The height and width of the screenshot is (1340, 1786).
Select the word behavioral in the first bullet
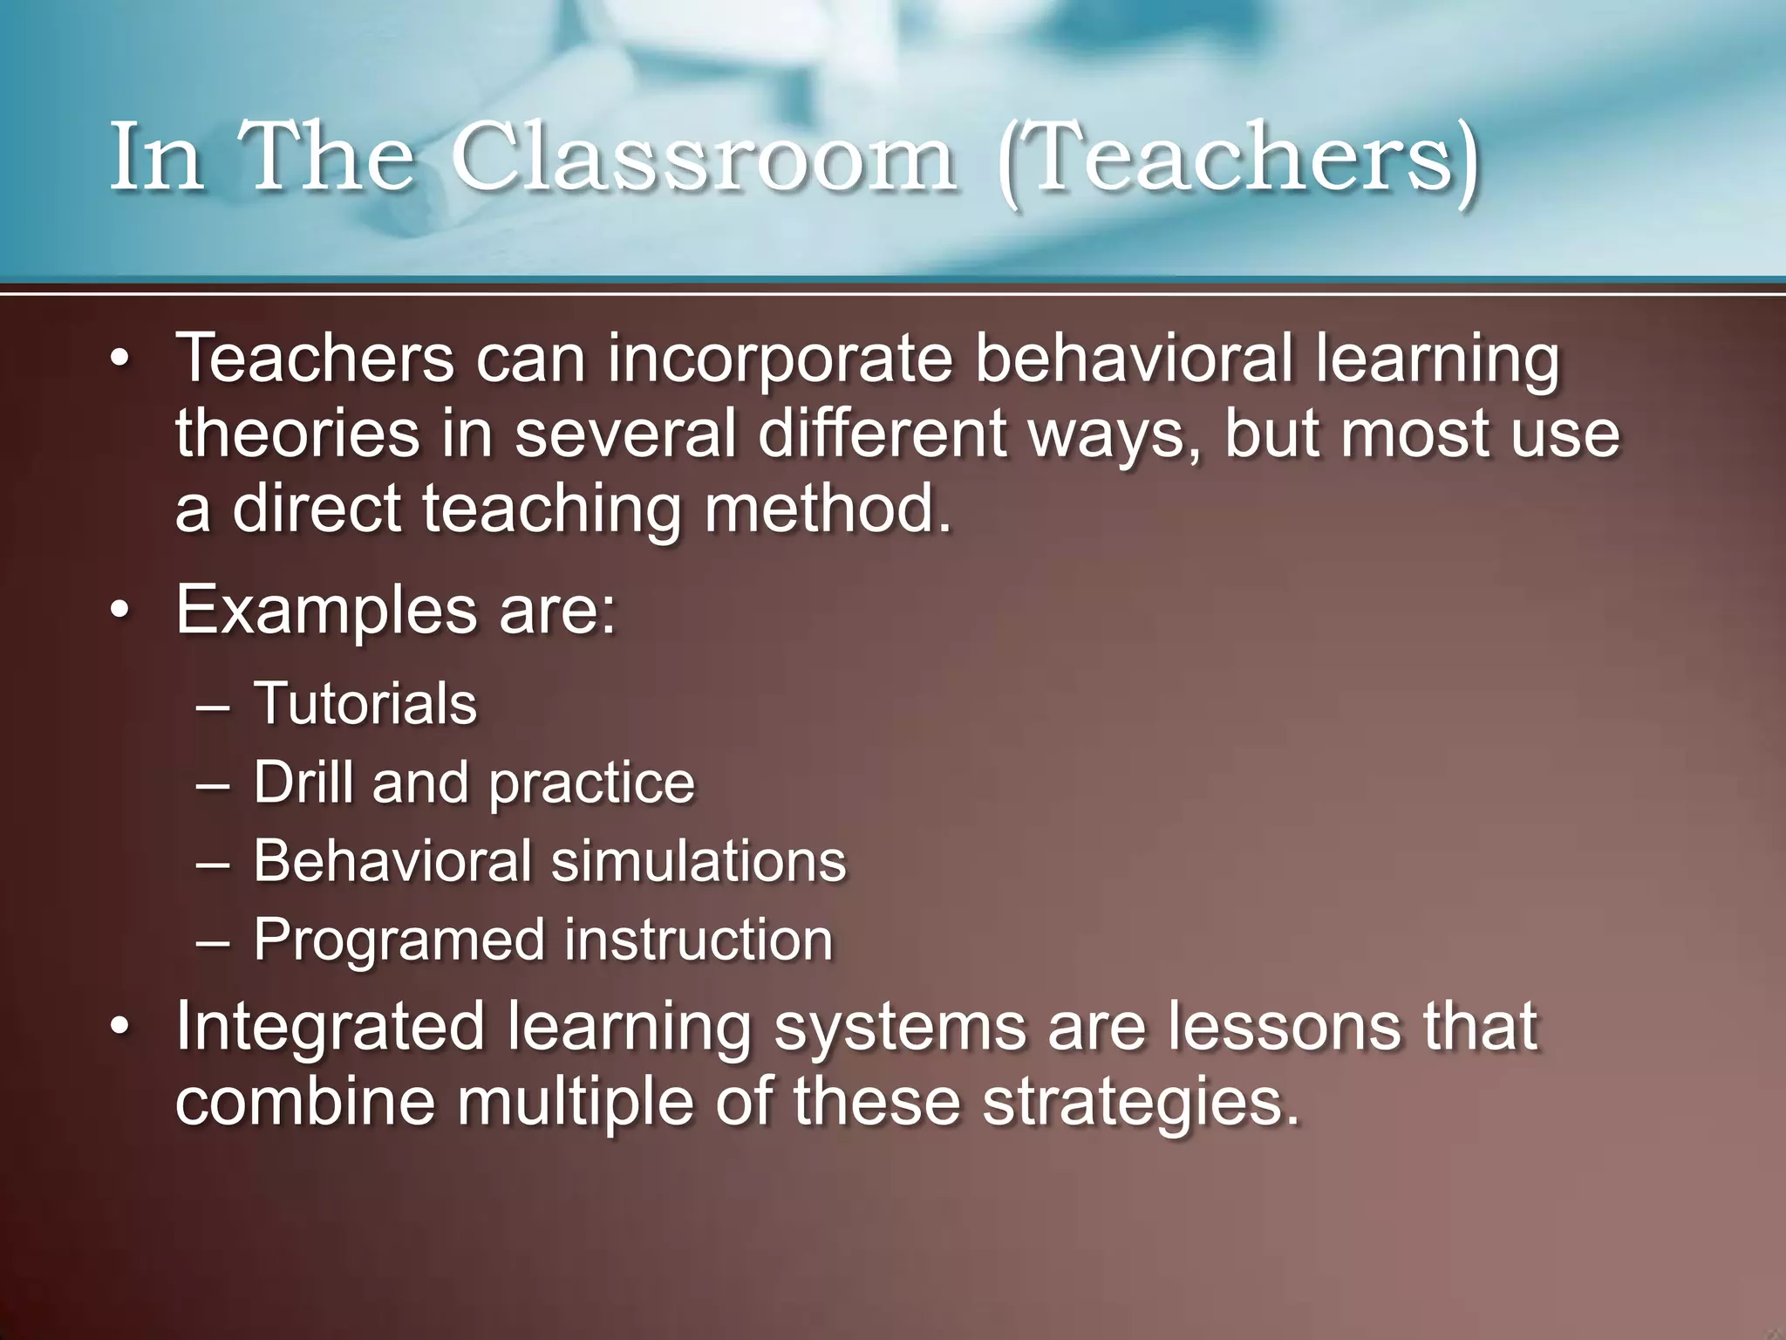1133,359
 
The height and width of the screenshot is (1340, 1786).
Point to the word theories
297,434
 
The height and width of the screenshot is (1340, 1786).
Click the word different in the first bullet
882,434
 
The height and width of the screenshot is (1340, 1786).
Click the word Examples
326,611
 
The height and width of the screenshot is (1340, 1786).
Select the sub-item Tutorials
365,703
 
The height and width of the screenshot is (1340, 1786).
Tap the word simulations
698,861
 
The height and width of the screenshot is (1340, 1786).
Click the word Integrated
330,1028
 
